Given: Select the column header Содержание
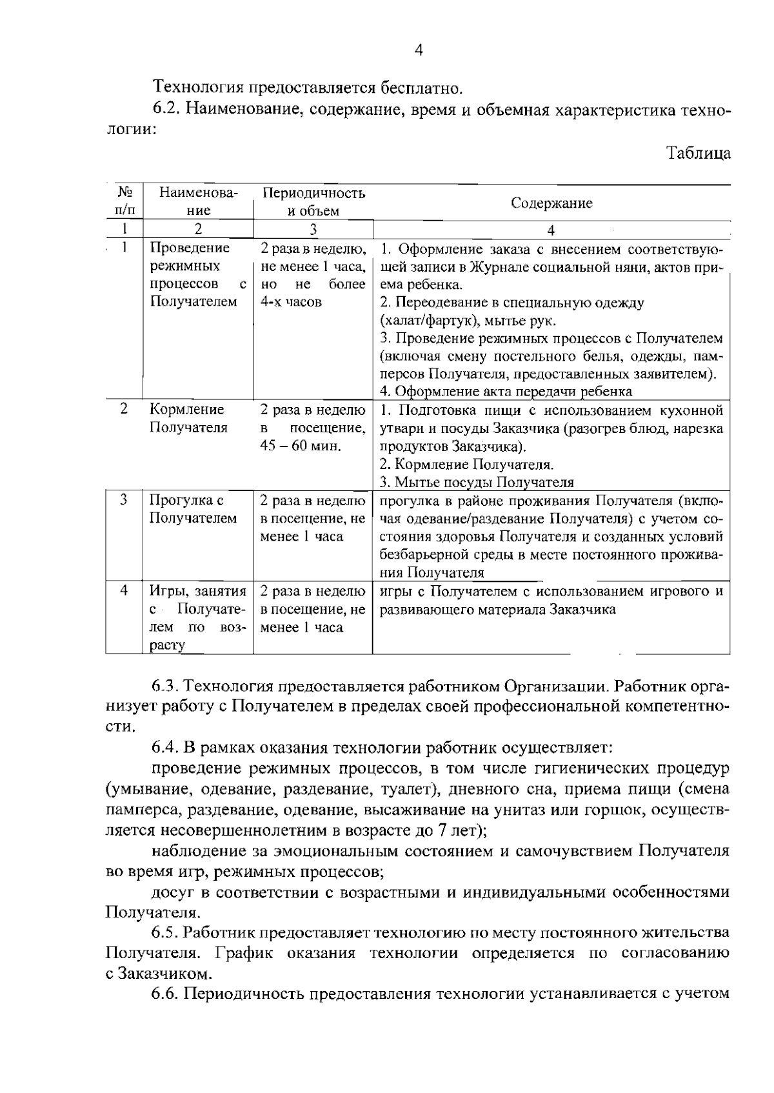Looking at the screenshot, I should point(551,203).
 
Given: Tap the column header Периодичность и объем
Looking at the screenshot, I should point(313,202).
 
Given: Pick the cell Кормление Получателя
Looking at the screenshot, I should point(188,419).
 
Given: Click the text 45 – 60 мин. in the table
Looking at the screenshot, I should point(300,446).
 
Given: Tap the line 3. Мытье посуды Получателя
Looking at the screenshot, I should point(477,482).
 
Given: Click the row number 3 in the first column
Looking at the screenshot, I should point(124,500).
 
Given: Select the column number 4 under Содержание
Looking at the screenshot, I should point(551,230).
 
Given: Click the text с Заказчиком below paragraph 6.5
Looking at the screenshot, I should point(157,973).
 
